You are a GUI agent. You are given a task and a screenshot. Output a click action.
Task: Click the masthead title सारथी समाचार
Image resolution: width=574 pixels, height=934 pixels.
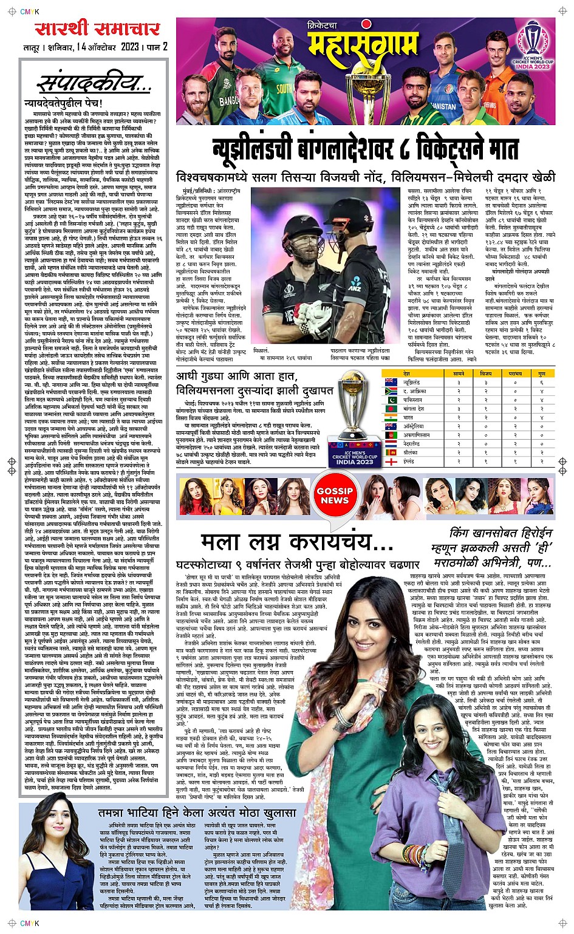pos(97,28)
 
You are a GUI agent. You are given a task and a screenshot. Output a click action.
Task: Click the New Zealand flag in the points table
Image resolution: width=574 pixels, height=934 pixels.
pos(391,383)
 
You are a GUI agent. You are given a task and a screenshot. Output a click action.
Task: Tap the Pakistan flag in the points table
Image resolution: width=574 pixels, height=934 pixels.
pos(391,401)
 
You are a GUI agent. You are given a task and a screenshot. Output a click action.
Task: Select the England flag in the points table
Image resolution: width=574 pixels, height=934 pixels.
pos(391,462)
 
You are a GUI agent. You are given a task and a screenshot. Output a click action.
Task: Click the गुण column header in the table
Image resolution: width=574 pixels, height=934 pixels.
pos(541,374)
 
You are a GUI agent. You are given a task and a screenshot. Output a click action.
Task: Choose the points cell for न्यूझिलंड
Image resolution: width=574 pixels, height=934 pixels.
pos(541,383)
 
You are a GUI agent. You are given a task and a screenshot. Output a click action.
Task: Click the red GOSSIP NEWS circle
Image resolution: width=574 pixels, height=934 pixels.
pos(334,496)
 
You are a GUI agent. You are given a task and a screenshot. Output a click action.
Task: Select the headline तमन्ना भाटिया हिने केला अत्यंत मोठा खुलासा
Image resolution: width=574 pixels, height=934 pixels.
pos(197,813)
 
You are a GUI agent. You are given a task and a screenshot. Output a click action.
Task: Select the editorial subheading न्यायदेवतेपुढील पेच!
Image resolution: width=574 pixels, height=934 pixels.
pos(63,103)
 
